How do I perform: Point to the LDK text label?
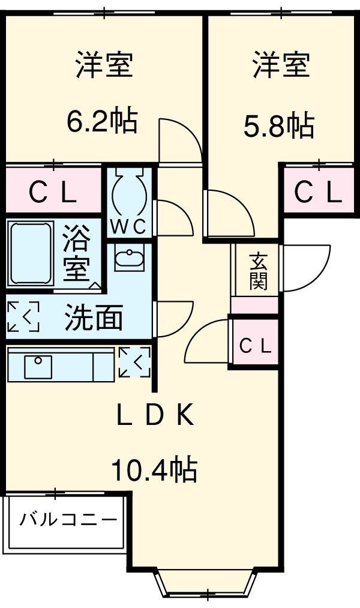[155, 415]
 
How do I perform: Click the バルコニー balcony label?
[67, 519]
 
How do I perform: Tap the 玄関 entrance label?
[259, 271]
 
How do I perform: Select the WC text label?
[128, 228]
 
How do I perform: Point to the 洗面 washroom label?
[94, 318]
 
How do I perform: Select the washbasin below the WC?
[129, 259]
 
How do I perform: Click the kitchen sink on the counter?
[38, 366]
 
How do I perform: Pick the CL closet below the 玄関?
[256, 345]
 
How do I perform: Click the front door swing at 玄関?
[305, 268]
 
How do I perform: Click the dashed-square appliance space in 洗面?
[23, 316]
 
